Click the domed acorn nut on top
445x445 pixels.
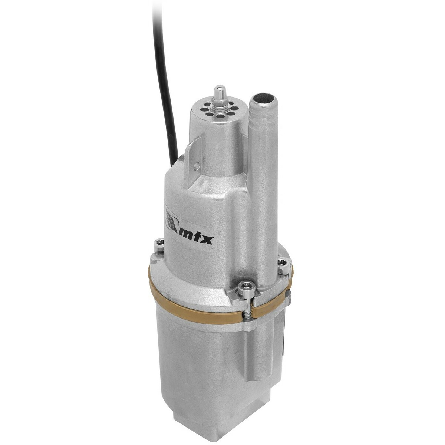[218, 91]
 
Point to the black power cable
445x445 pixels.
[163, 74]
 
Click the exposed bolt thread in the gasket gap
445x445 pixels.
[247, 316]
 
